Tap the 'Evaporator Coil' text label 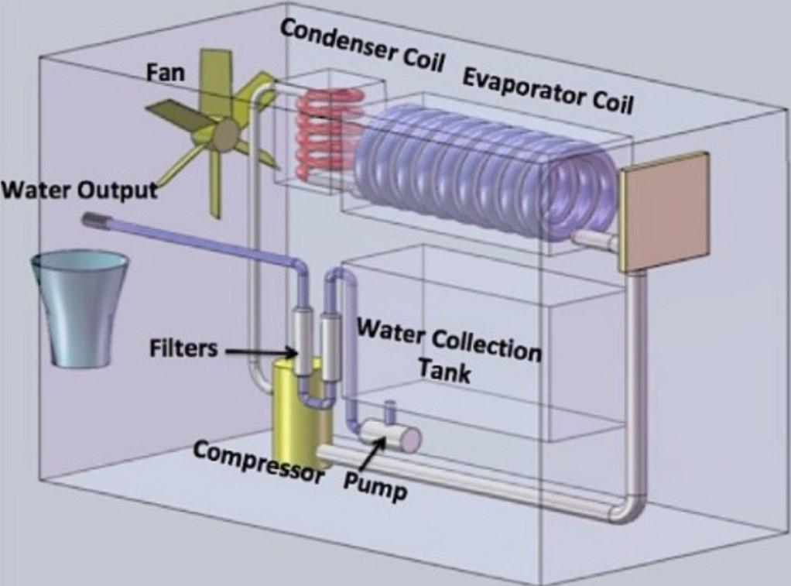(x=547, y=90)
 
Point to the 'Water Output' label (x=79, y=190)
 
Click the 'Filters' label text (x=183, y=348)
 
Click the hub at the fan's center (x=224, y=136)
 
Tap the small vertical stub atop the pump (x=391, y=408)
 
